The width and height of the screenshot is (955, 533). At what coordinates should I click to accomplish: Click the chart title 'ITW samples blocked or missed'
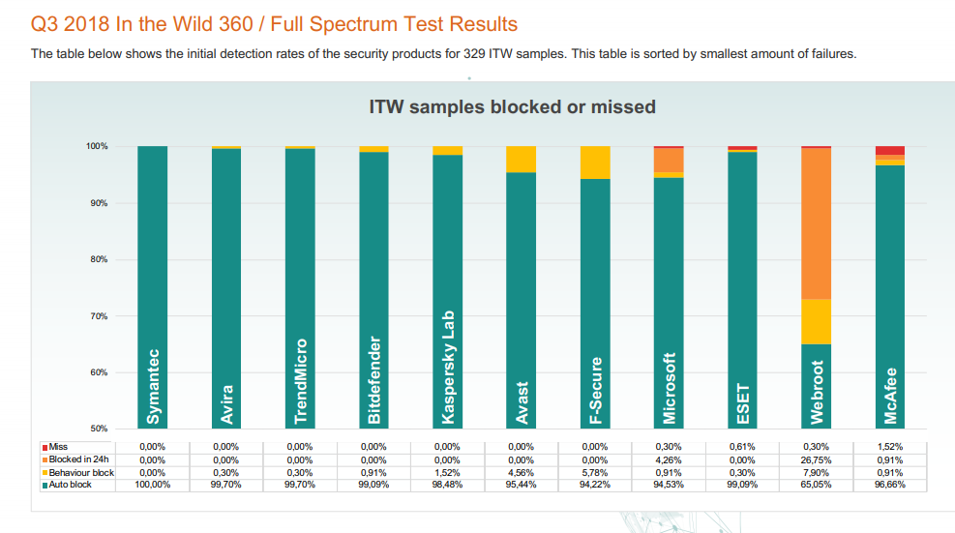click(x=512, y=106)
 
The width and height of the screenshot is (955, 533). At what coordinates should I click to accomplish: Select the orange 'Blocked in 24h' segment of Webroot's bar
click(x=817, y=222)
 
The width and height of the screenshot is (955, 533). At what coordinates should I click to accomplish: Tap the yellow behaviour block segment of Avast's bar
click(x=522, y=159)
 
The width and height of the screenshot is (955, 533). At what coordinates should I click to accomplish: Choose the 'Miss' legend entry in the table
click(x=57, y=446)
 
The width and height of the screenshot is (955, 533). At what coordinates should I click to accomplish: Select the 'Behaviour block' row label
click(x=80, y=472)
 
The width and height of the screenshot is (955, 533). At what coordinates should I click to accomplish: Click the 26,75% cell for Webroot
click(x=816, y=459)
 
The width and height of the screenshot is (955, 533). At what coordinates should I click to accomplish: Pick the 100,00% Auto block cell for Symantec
click(x=153, y=485)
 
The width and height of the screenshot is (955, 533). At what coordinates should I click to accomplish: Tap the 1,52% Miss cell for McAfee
click(x=890, y=446)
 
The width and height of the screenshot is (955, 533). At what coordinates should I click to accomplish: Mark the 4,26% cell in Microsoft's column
click(x=669, y=459)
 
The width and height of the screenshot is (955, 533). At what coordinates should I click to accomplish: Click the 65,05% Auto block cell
click(x=816, y=485)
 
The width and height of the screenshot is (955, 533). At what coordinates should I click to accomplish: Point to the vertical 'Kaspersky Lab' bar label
click(x=448, y=367)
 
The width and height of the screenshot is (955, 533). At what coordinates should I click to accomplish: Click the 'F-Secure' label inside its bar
click(x=595, y=390)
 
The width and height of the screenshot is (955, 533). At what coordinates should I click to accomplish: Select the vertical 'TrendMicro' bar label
click(x=301, y=381)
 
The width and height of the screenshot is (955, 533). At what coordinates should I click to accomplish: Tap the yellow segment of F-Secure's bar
click(x=595, y=163)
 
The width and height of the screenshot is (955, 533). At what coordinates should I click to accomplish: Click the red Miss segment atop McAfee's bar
click(x=890, y=150)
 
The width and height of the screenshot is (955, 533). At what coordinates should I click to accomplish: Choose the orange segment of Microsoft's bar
click(x=669, y=160)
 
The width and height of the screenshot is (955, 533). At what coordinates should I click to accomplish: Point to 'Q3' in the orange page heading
click(x=45, y=24)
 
